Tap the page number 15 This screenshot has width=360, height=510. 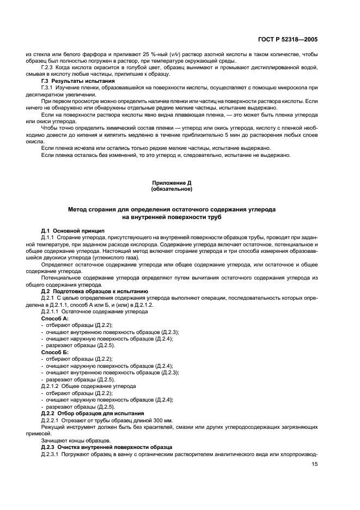(314, 464)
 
